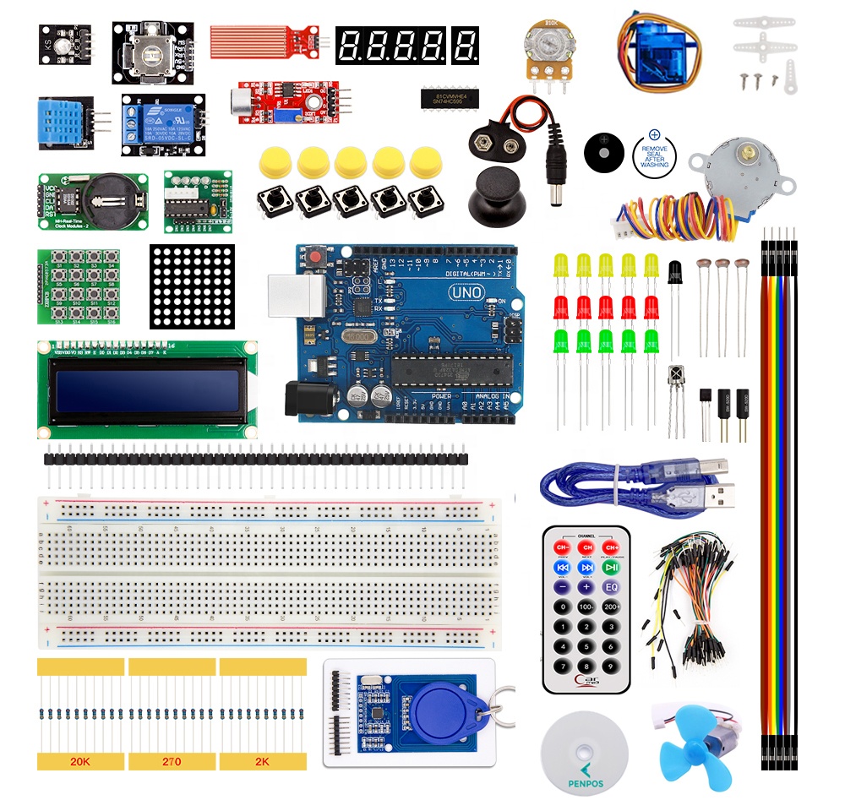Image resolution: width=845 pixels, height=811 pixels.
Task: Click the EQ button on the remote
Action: pyautogui.click(x=611, y=587)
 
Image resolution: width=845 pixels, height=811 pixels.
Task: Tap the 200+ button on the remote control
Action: pyautogui.click(x=611, y=607)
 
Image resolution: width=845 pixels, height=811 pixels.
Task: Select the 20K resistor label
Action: pyautogui.click(x=80, y=761)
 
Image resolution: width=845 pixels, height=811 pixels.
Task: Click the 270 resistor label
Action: pyautogui.click(x=172, y=761)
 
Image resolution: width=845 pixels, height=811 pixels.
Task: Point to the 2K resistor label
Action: pyautogui.click(x=262, y=761)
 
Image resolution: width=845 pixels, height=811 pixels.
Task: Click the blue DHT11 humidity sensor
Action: pyautogui.click(x=61, y=122)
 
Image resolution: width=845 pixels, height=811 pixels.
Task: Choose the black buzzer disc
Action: pyautogui.click(x=606, y=153)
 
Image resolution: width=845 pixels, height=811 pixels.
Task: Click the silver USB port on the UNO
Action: pyautogui.click(x=296, y=301)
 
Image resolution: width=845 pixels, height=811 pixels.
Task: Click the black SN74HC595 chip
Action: pyautogui.click(x=452, y=97)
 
